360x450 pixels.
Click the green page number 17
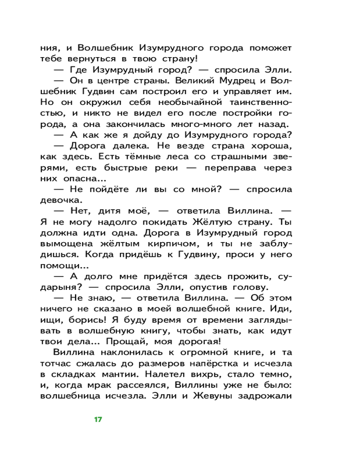[98, 419]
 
